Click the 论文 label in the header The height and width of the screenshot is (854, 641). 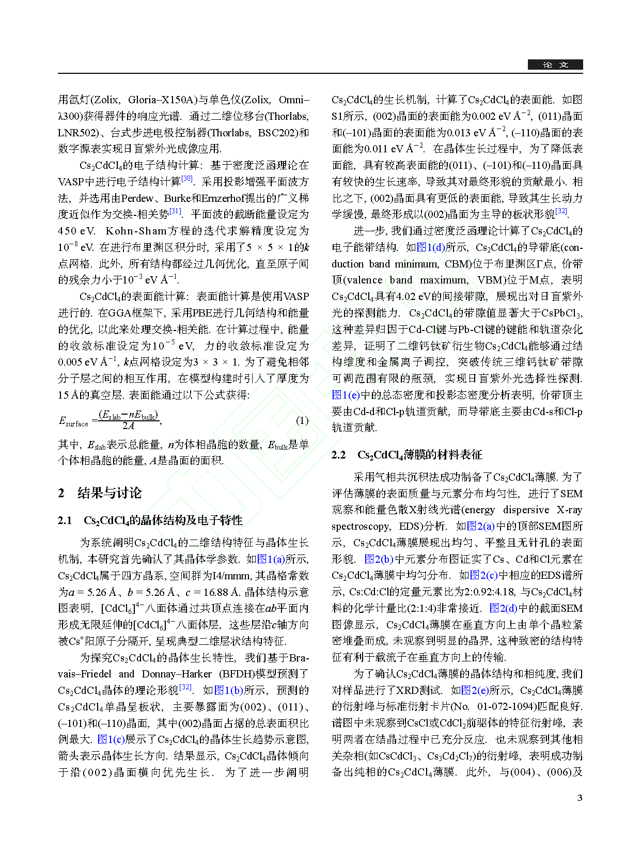pyautogui.click(x=555, y=65)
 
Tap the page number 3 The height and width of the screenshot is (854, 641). pyautogui.click(x=580, y=798)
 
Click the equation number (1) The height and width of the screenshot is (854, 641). pyautogui.click(x=302, y=420)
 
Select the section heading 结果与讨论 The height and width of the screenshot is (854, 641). pyautogui.click(x=110, y=493)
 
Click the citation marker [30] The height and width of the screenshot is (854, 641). pyautogui.click(x=187, y=179)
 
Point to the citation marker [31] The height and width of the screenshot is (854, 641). pyautogui.click(x=176, y=211)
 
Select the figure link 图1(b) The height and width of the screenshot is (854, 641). pyautogui.click(x=229, y=690)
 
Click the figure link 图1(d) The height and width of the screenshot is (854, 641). pyautogui.click(x=431, y=247)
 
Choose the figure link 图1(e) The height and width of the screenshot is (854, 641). pyautogui.click(x=346, y=395)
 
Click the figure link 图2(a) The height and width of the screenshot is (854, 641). pyautogui.click(x=481, y=526)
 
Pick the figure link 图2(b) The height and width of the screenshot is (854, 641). pyautogui.click(x=379, y=559)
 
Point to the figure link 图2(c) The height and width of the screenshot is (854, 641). pyautogui.click(x=484, y=575)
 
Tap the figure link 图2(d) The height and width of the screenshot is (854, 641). pyautogui.click(x=503, y=608)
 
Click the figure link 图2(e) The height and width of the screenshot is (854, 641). pyautogui.click(x=475, y=690)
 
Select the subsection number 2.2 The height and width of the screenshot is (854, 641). pyautogui.click(x=338, y=455)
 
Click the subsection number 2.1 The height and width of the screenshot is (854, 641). pyautogui.click(x=65, y=520)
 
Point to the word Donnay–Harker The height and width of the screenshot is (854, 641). pyautogui.click(x=177, y=674)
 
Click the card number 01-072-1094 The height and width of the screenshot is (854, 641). pyautogui.click(x=510, y=706)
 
